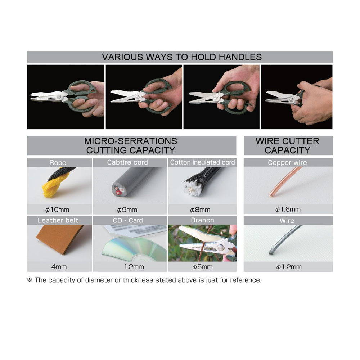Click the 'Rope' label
pos(58,163)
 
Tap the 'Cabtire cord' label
pos(127,162)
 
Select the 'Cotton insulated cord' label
pos(202,162)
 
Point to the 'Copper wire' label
pos(287,163)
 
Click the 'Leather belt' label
pos(58,220)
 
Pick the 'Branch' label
pos(202,220)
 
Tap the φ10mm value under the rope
pos(57,210)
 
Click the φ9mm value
pos(127,210)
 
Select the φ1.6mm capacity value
pos(288,210)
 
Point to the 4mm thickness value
pos(59,267)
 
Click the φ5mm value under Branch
pos(202,267)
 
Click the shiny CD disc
pos(135,249)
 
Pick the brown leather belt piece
pos(60,239)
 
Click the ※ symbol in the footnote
pos(30,280)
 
